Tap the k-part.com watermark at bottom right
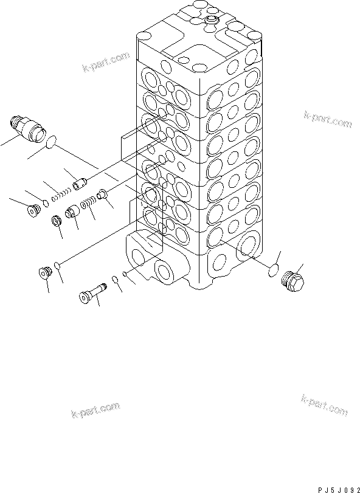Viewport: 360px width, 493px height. point(324,405)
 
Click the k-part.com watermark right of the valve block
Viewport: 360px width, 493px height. point(327,119)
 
